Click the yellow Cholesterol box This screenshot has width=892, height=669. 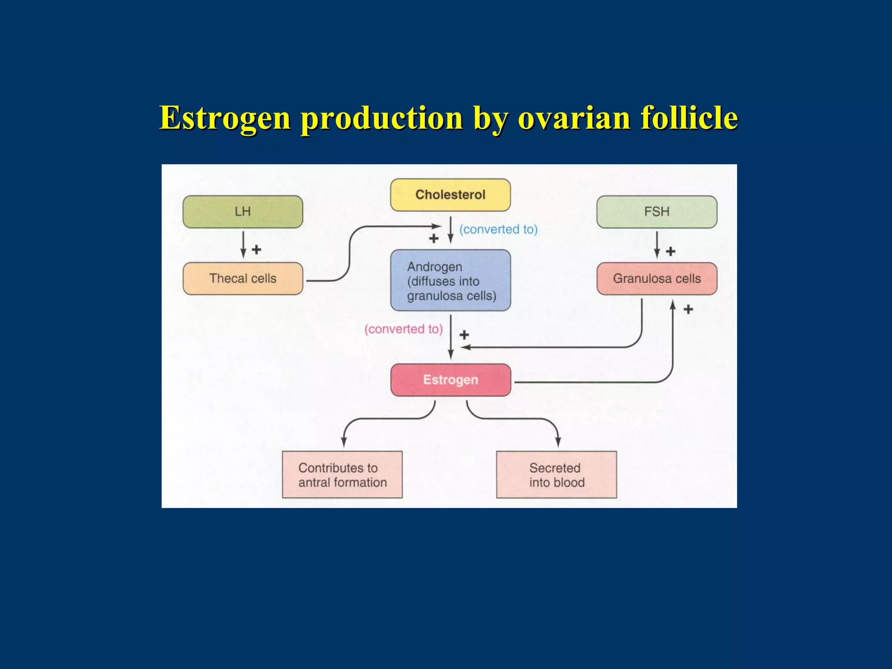pos(450,195)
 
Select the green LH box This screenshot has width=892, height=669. pos(243,212)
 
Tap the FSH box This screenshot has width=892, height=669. pos(656,212)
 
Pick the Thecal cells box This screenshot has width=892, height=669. pos(243,278)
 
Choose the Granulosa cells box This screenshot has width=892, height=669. pos(656,278)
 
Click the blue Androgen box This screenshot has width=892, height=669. pos(450,280)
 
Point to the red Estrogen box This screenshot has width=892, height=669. pos(450,380)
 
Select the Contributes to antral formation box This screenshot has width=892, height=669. pos(342,475)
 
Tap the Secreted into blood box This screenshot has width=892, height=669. pos(556,475)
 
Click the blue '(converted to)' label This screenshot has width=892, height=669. pos(498,229)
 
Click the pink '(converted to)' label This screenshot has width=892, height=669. pos(403,329)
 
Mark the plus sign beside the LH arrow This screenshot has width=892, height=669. pos(257,250)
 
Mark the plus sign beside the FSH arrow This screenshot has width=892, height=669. pos(671,251)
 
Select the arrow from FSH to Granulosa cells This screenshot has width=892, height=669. pos(657,245)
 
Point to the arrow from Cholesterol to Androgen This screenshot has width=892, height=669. pos(451,230)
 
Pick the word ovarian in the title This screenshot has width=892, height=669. pos(574,118)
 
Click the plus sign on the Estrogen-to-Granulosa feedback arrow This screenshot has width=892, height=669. pos(688,310)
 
